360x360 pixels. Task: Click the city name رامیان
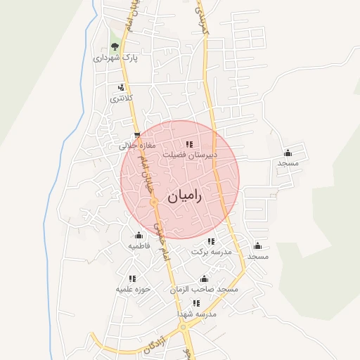pyautogui.click(x=184, y=198)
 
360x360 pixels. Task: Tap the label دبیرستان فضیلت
pyautogui.click(x=190, y=154)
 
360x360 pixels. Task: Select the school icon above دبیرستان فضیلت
pyautogui.click(x=189, y=144)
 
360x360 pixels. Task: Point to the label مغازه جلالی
pyautogui.click(x=136, y=146)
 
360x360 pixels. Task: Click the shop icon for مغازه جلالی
pyautogui.click(x=136, y=136)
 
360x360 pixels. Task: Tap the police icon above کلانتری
pyautogui.click(x=121, y=88)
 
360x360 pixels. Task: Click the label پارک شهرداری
pyautogui.click(x=116, y=58)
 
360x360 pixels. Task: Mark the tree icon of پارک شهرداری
pyautogui.click(x=115, y=47)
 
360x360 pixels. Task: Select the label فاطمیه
pyautogui.click(x=139, y=247)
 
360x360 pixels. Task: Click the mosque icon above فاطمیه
pyautogui.click(x=139, y=236)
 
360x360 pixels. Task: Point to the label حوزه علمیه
pyautogui.click(x=134, y=289)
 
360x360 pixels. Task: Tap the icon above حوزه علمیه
pyautogui.click(x=132, y=278)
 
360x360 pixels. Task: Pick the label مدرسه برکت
pyautogui.click(x=210, y=252)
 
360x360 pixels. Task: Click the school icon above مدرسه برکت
pyautogui.click(x=211, y=241)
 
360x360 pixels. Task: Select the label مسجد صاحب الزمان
pyautogui.click(x=204, y=289)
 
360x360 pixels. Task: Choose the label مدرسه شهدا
pyautogui.click(x=198, y=314)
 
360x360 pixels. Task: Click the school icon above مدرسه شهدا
pyautogui.click(x=196, y=304)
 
